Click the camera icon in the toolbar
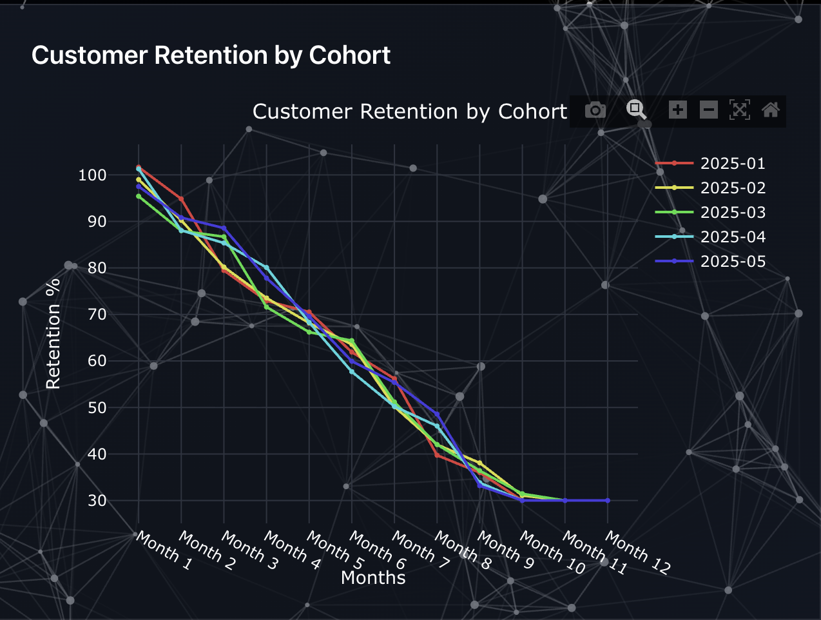click(595, 110)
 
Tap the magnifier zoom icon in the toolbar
click(637, 110)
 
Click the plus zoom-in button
click(677, 110)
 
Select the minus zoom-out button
click(709, 110)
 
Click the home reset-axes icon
click(771, 110)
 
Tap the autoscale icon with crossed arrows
click(740, 110)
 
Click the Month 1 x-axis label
click(164, 552)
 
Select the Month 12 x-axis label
click(637, 553)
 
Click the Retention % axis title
click(53, 333)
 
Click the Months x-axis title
click(373, 578)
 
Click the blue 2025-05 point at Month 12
click(607, 501)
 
